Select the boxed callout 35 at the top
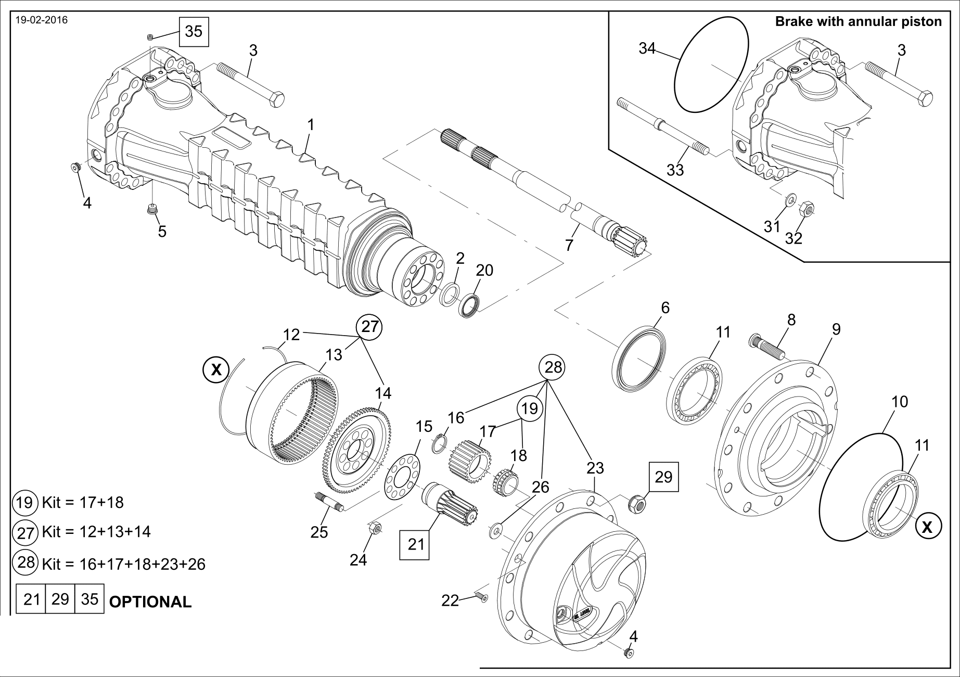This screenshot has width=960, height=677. click(194, 31)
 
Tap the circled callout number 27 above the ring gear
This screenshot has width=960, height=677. click(369, 327)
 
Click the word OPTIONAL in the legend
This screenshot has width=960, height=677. click(150, 602)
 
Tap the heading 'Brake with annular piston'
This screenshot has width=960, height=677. click(858, 22)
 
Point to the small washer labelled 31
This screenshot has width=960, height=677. click(790, 198)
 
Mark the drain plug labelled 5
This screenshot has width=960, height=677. click(152, 210)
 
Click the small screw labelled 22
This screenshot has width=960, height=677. click(481, 596)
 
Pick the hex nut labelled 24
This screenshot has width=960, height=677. click(375, 529)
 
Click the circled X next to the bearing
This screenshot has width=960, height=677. click(927, 527)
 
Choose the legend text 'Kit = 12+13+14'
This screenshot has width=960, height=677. click(96, 532)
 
